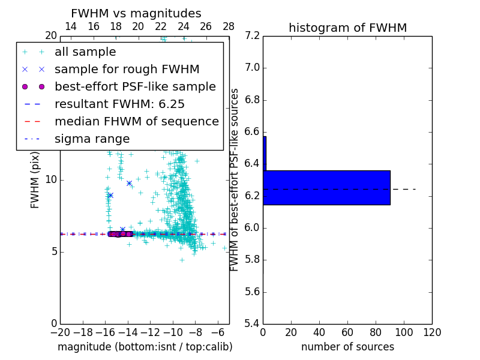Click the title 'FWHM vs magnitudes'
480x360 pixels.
(136, 13)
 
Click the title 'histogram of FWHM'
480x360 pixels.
(347, 28)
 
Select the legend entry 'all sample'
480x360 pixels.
(85, 52)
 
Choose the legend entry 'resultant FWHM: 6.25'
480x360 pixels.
(119, 104)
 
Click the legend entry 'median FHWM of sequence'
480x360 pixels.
(136, 122)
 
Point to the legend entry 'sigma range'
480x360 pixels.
(92, 139)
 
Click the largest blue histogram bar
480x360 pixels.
(326, 188)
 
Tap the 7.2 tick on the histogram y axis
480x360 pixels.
(253, 36)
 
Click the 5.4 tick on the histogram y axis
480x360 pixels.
(253, 323)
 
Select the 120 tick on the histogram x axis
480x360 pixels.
(432, 332)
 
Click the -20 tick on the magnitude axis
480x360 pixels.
(60, 332)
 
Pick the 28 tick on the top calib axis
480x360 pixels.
(229, 27)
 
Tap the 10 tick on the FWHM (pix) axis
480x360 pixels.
(51, 180)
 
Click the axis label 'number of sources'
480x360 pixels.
(347, 347)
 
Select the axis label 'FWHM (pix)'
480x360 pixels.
(35, 180)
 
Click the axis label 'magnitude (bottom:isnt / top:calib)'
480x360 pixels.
(145, 347)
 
